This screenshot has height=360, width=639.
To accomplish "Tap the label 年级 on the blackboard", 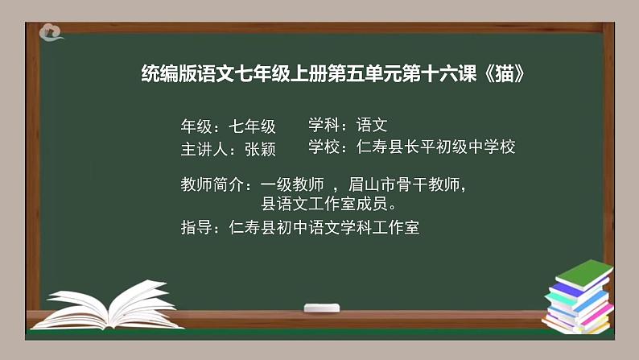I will (197, 126).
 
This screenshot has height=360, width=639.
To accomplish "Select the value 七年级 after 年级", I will (252, 126).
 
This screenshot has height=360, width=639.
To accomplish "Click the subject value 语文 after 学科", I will (372, 125).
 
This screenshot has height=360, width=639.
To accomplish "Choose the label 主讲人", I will (205, 150).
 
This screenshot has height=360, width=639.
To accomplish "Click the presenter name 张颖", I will (260, 150).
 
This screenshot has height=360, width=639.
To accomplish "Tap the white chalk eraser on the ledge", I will (321, 308).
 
